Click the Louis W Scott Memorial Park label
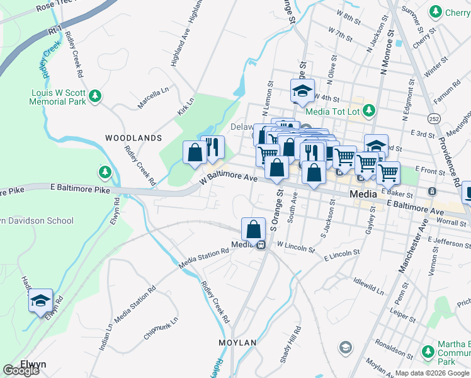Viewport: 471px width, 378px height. click(x=58, y=96)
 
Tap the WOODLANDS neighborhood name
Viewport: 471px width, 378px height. click(x=133, y=137)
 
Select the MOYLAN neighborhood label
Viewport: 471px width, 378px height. click(x=237, y=343)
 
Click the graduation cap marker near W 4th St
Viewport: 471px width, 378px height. click(x=302, y=91)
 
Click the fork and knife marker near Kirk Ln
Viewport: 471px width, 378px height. click(x=212, y=147)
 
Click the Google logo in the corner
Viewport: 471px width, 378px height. click(x=21, y=370)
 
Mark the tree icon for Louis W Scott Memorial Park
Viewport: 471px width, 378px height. click(x=94, y=96)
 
